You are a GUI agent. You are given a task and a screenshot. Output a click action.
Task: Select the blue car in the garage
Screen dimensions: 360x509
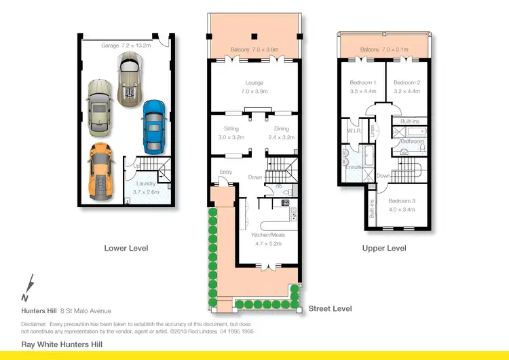tap(153, 126)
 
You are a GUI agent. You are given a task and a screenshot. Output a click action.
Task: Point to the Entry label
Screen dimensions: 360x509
tap(225, 172)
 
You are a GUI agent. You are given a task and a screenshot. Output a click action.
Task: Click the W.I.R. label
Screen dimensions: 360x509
tap(352, 130)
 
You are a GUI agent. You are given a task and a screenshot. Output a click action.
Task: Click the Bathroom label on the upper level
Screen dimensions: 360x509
tap(412, 141)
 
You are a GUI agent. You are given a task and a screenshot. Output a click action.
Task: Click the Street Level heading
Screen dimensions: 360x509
tap(330, 308)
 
